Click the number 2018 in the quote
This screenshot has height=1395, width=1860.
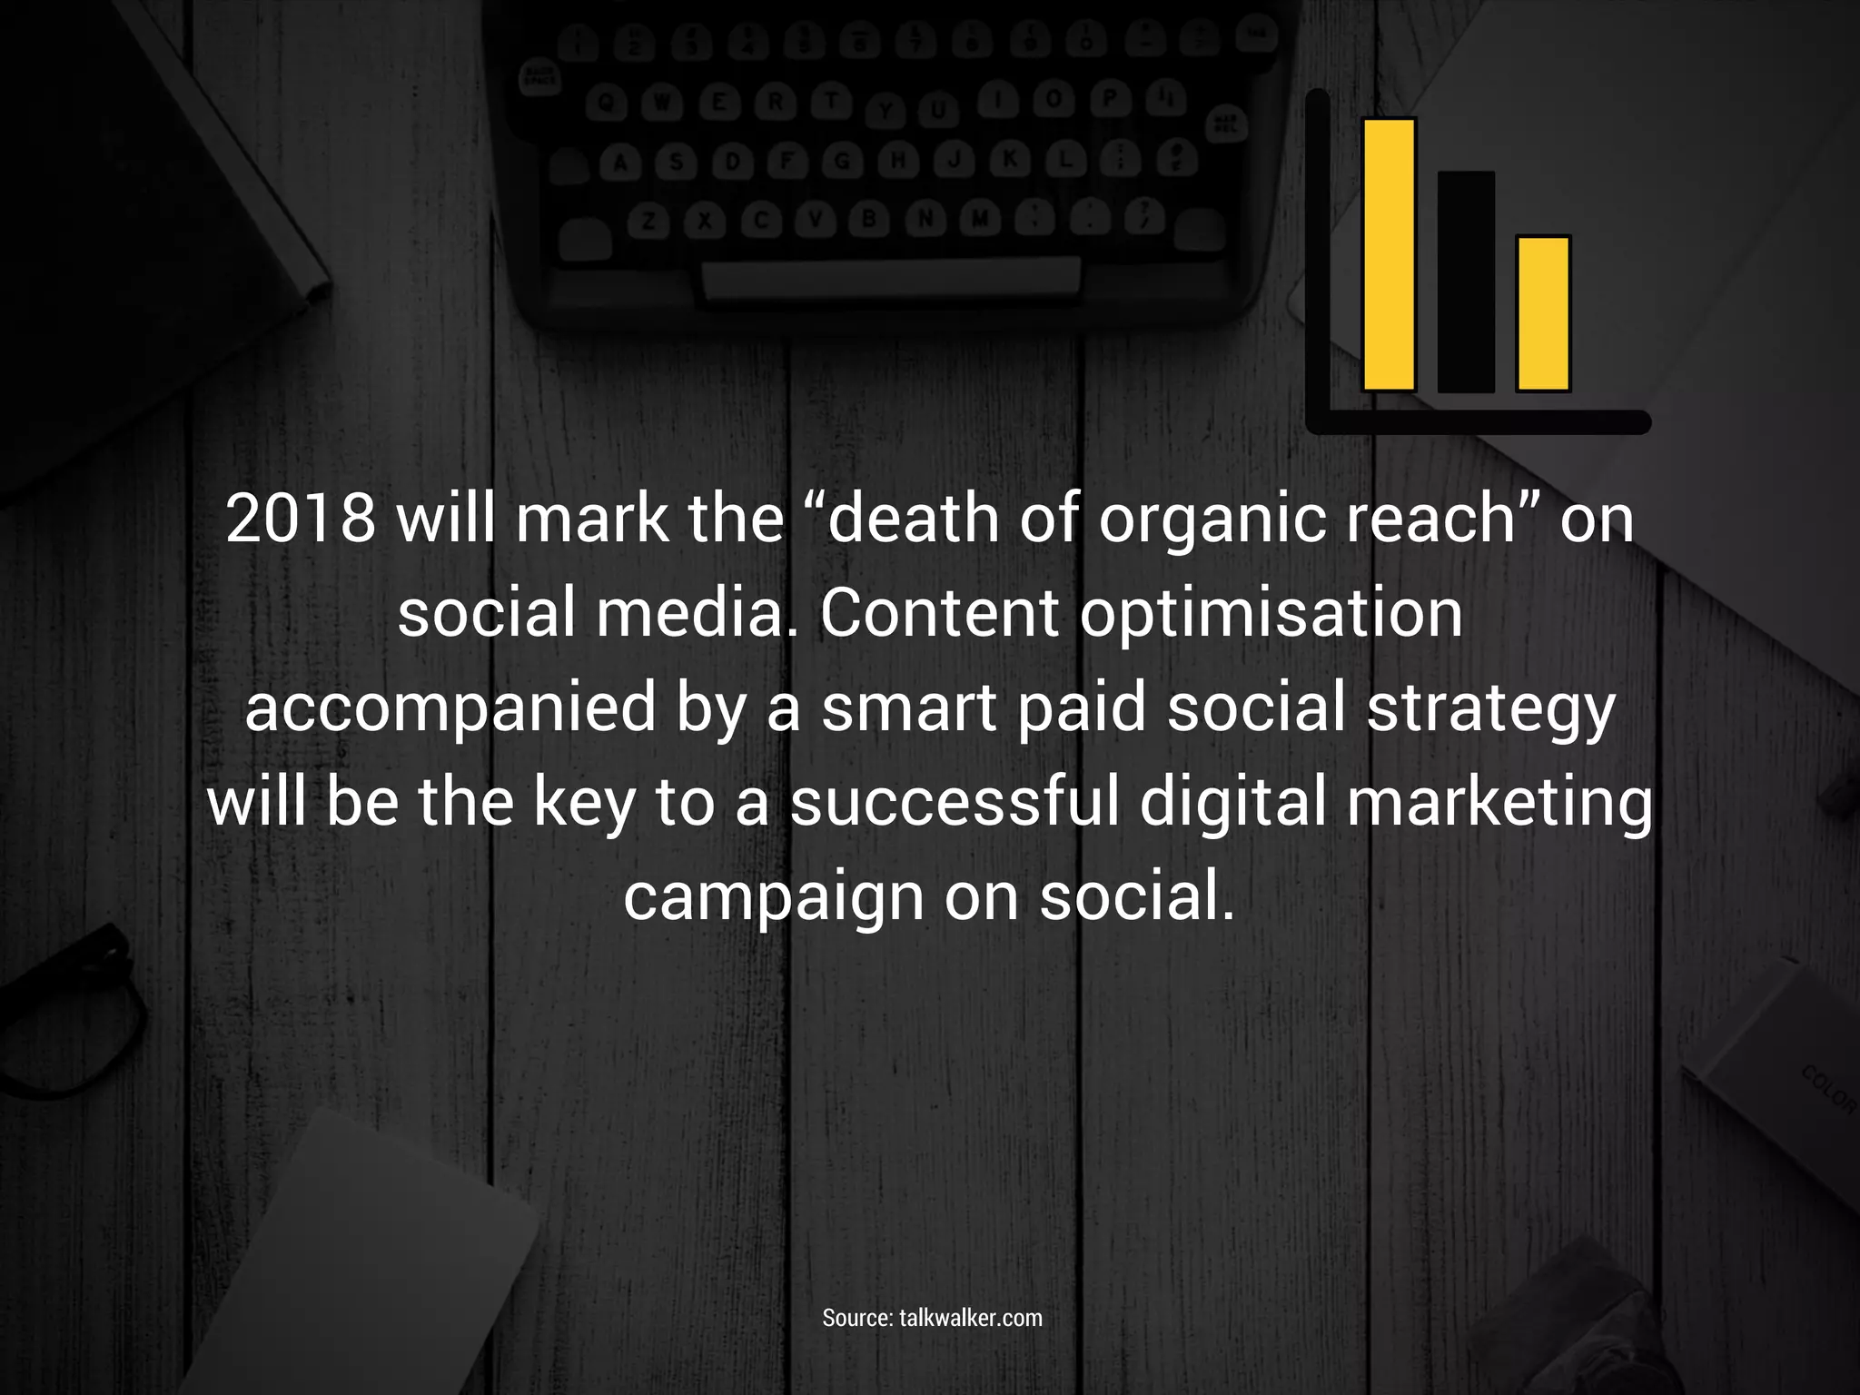tap(301, 519)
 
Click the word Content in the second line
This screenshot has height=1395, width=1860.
tap(939, 613)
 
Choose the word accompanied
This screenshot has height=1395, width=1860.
tap(450, 708)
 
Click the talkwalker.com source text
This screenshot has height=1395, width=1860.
tap(970, 1318)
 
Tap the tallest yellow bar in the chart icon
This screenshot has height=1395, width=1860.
tap(1390, 254)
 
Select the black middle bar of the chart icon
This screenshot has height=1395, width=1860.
tap(1466, 282)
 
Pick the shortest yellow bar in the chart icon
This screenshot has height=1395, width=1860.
tap(1543, 313)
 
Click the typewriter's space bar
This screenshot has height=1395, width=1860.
tap(890, 277)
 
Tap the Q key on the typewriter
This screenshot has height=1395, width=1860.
tap(608, 104)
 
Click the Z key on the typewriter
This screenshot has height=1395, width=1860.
tap(648, 221)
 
